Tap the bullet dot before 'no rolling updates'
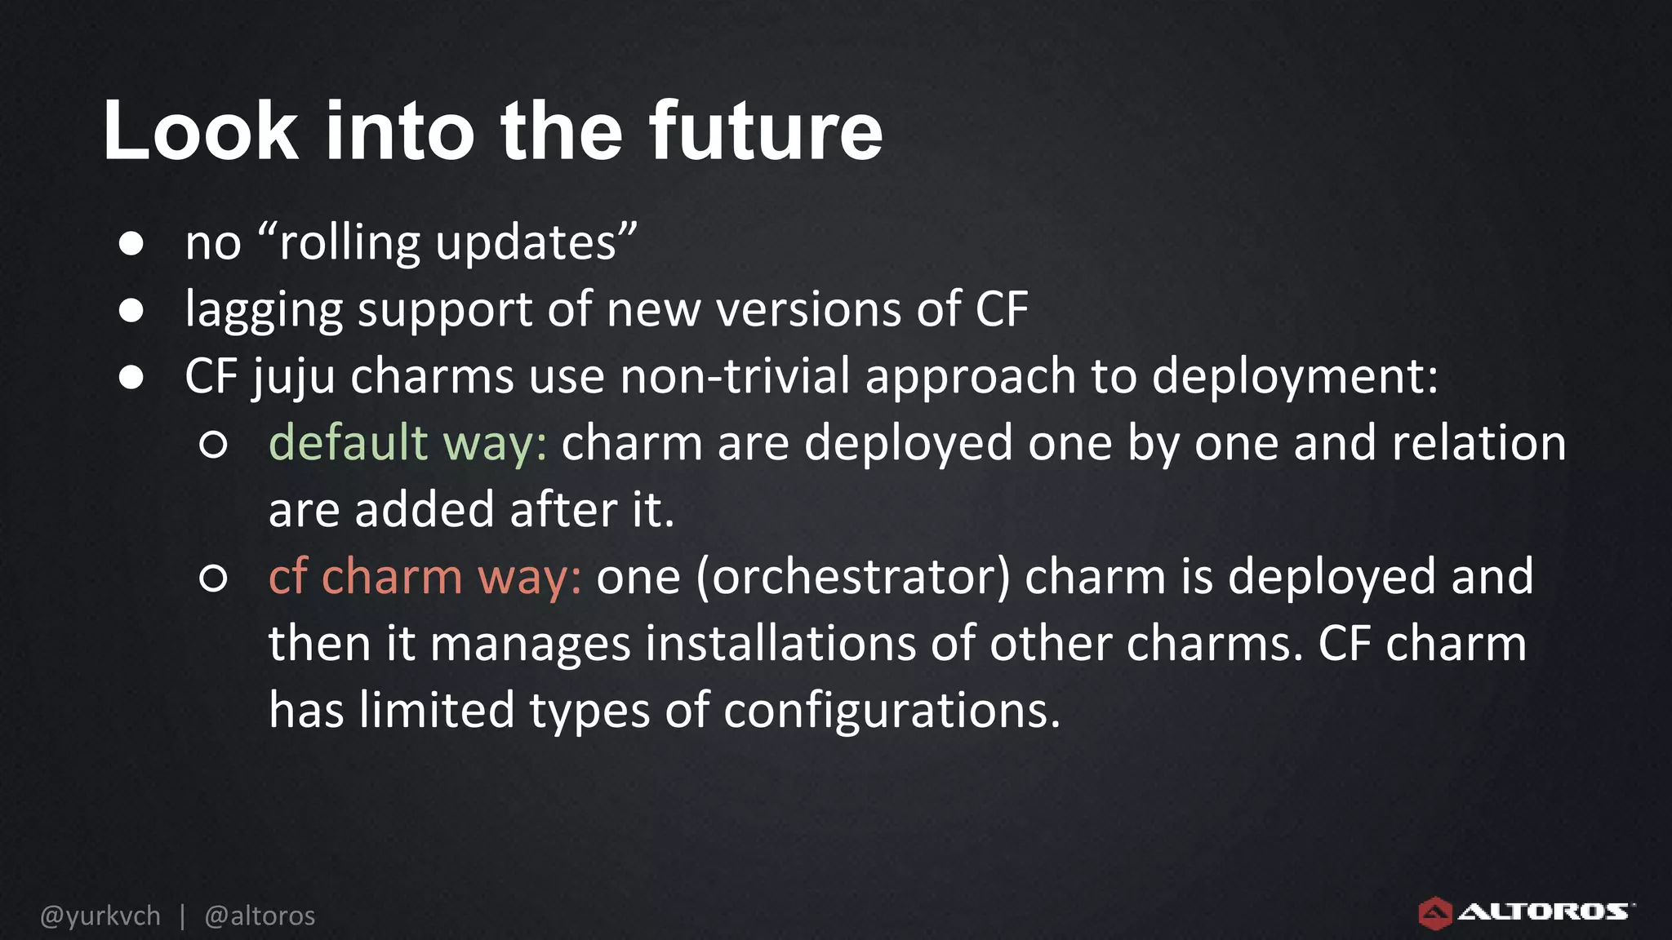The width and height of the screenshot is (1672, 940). [131, 244]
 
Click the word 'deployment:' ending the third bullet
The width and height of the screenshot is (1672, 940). [1295, 377]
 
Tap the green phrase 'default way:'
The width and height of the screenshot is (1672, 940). [407, 444]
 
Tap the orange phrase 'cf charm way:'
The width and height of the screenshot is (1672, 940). [425, 577]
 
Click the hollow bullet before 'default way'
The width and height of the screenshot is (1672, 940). [213, 445]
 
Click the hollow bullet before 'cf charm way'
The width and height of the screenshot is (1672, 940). [213, 579]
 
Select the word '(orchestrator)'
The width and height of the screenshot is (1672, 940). [853, 577]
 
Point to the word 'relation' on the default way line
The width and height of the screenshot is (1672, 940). [1479, 443]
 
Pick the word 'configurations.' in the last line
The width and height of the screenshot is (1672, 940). [892, 711]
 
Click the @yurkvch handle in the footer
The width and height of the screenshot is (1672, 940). [100, 916]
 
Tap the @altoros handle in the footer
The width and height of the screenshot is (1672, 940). [260, 916]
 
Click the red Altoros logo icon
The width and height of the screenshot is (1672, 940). [1434, 913]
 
